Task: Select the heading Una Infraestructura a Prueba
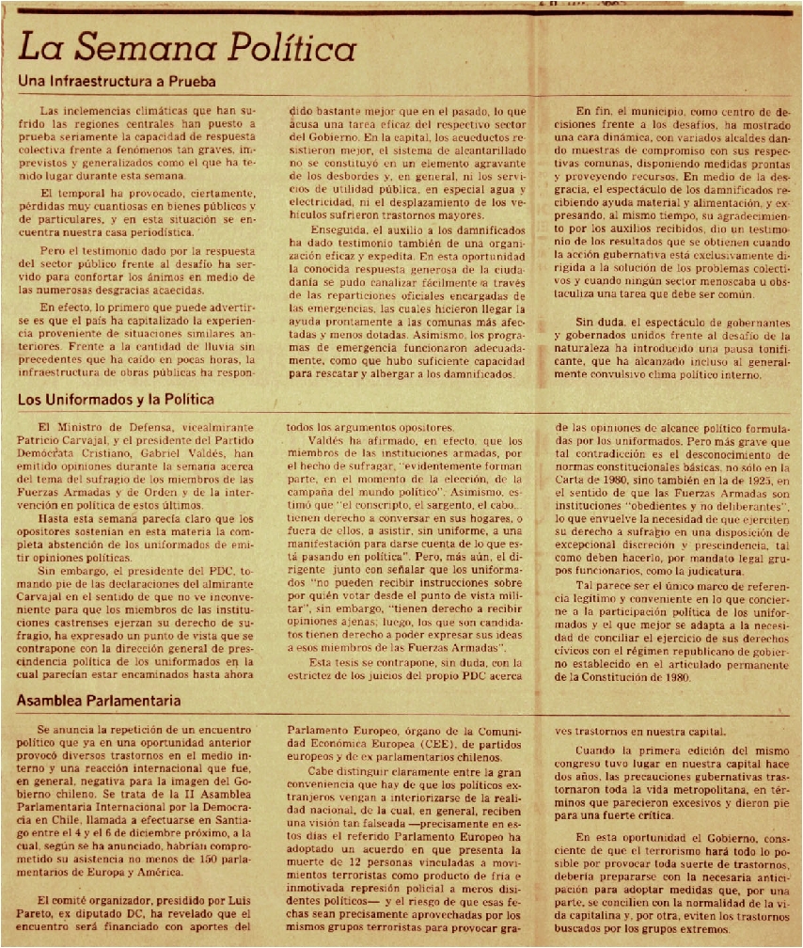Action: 118,82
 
